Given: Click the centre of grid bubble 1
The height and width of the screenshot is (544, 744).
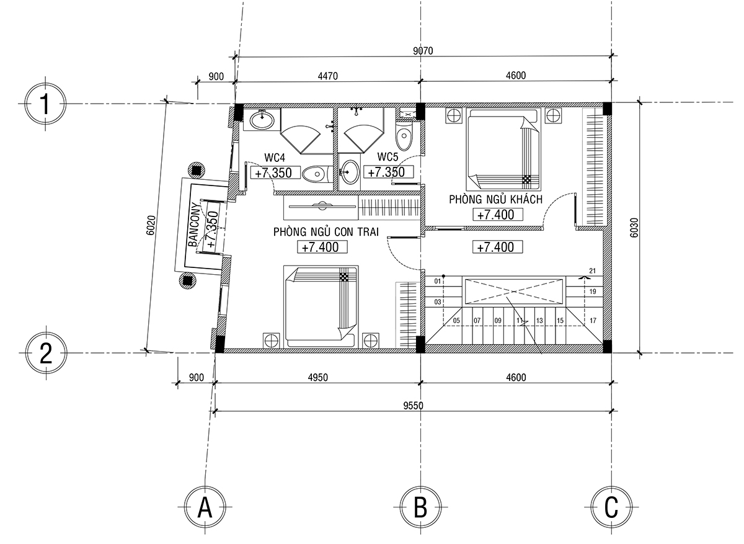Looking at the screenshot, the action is coord(45,104).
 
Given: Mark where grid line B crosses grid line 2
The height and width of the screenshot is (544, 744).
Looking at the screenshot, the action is coord(420,352).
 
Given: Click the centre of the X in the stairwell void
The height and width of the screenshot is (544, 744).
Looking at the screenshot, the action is coord(513,292).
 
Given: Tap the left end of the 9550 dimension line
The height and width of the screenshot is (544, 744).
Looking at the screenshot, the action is coord(215,411).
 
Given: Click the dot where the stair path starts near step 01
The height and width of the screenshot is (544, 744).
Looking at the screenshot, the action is coord(443,276).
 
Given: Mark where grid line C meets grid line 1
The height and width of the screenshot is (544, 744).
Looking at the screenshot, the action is coord(611,103).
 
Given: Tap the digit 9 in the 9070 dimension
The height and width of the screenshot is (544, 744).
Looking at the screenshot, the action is coord(415,51).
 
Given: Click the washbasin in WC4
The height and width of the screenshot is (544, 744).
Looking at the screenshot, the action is coord(262,120).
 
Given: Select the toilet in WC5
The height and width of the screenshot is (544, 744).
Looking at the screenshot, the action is coord(404,134).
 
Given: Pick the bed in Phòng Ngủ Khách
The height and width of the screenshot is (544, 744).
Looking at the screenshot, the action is coord(503,149).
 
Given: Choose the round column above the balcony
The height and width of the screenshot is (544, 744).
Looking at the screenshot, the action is coord(197,171).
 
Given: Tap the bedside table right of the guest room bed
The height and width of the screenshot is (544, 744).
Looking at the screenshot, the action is coord(553,116).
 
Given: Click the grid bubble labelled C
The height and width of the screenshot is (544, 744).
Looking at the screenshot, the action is coord(611,507).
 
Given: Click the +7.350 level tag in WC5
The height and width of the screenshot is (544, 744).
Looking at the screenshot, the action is coord(389,172).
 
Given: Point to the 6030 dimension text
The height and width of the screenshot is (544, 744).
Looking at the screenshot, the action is coord(634,228).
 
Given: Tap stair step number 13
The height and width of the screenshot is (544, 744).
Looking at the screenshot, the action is coord(539,321).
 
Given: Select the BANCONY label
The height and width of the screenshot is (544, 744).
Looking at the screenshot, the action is coord(194,225).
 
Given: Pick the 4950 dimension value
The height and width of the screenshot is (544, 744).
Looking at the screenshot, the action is coord(317,378).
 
